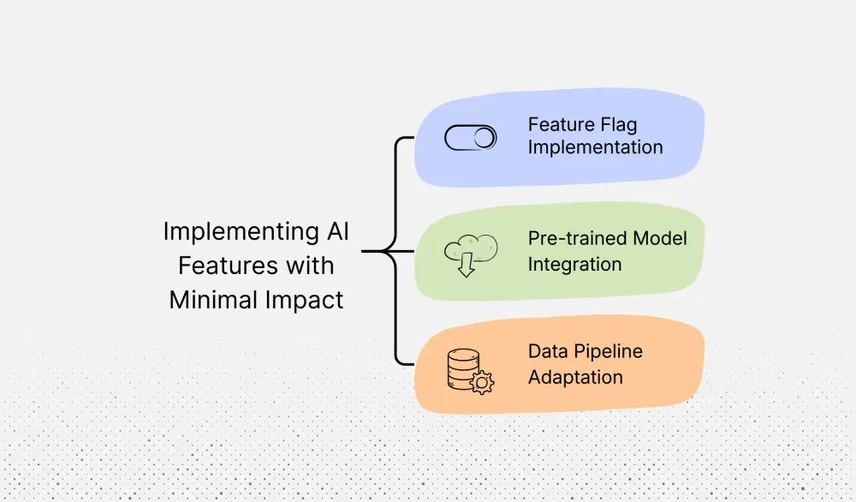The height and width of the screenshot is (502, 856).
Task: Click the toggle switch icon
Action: pos(471,138)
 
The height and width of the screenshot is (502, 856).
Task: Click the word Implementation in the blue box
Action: pos(595,147)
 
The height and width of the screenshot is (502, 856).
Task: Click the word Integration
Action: pos(574,264)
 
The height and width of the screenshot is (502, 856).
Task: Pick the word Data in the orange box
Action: pos(547,351)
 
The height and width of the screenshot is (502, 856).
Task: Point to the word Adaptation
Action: pos(575,377)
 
